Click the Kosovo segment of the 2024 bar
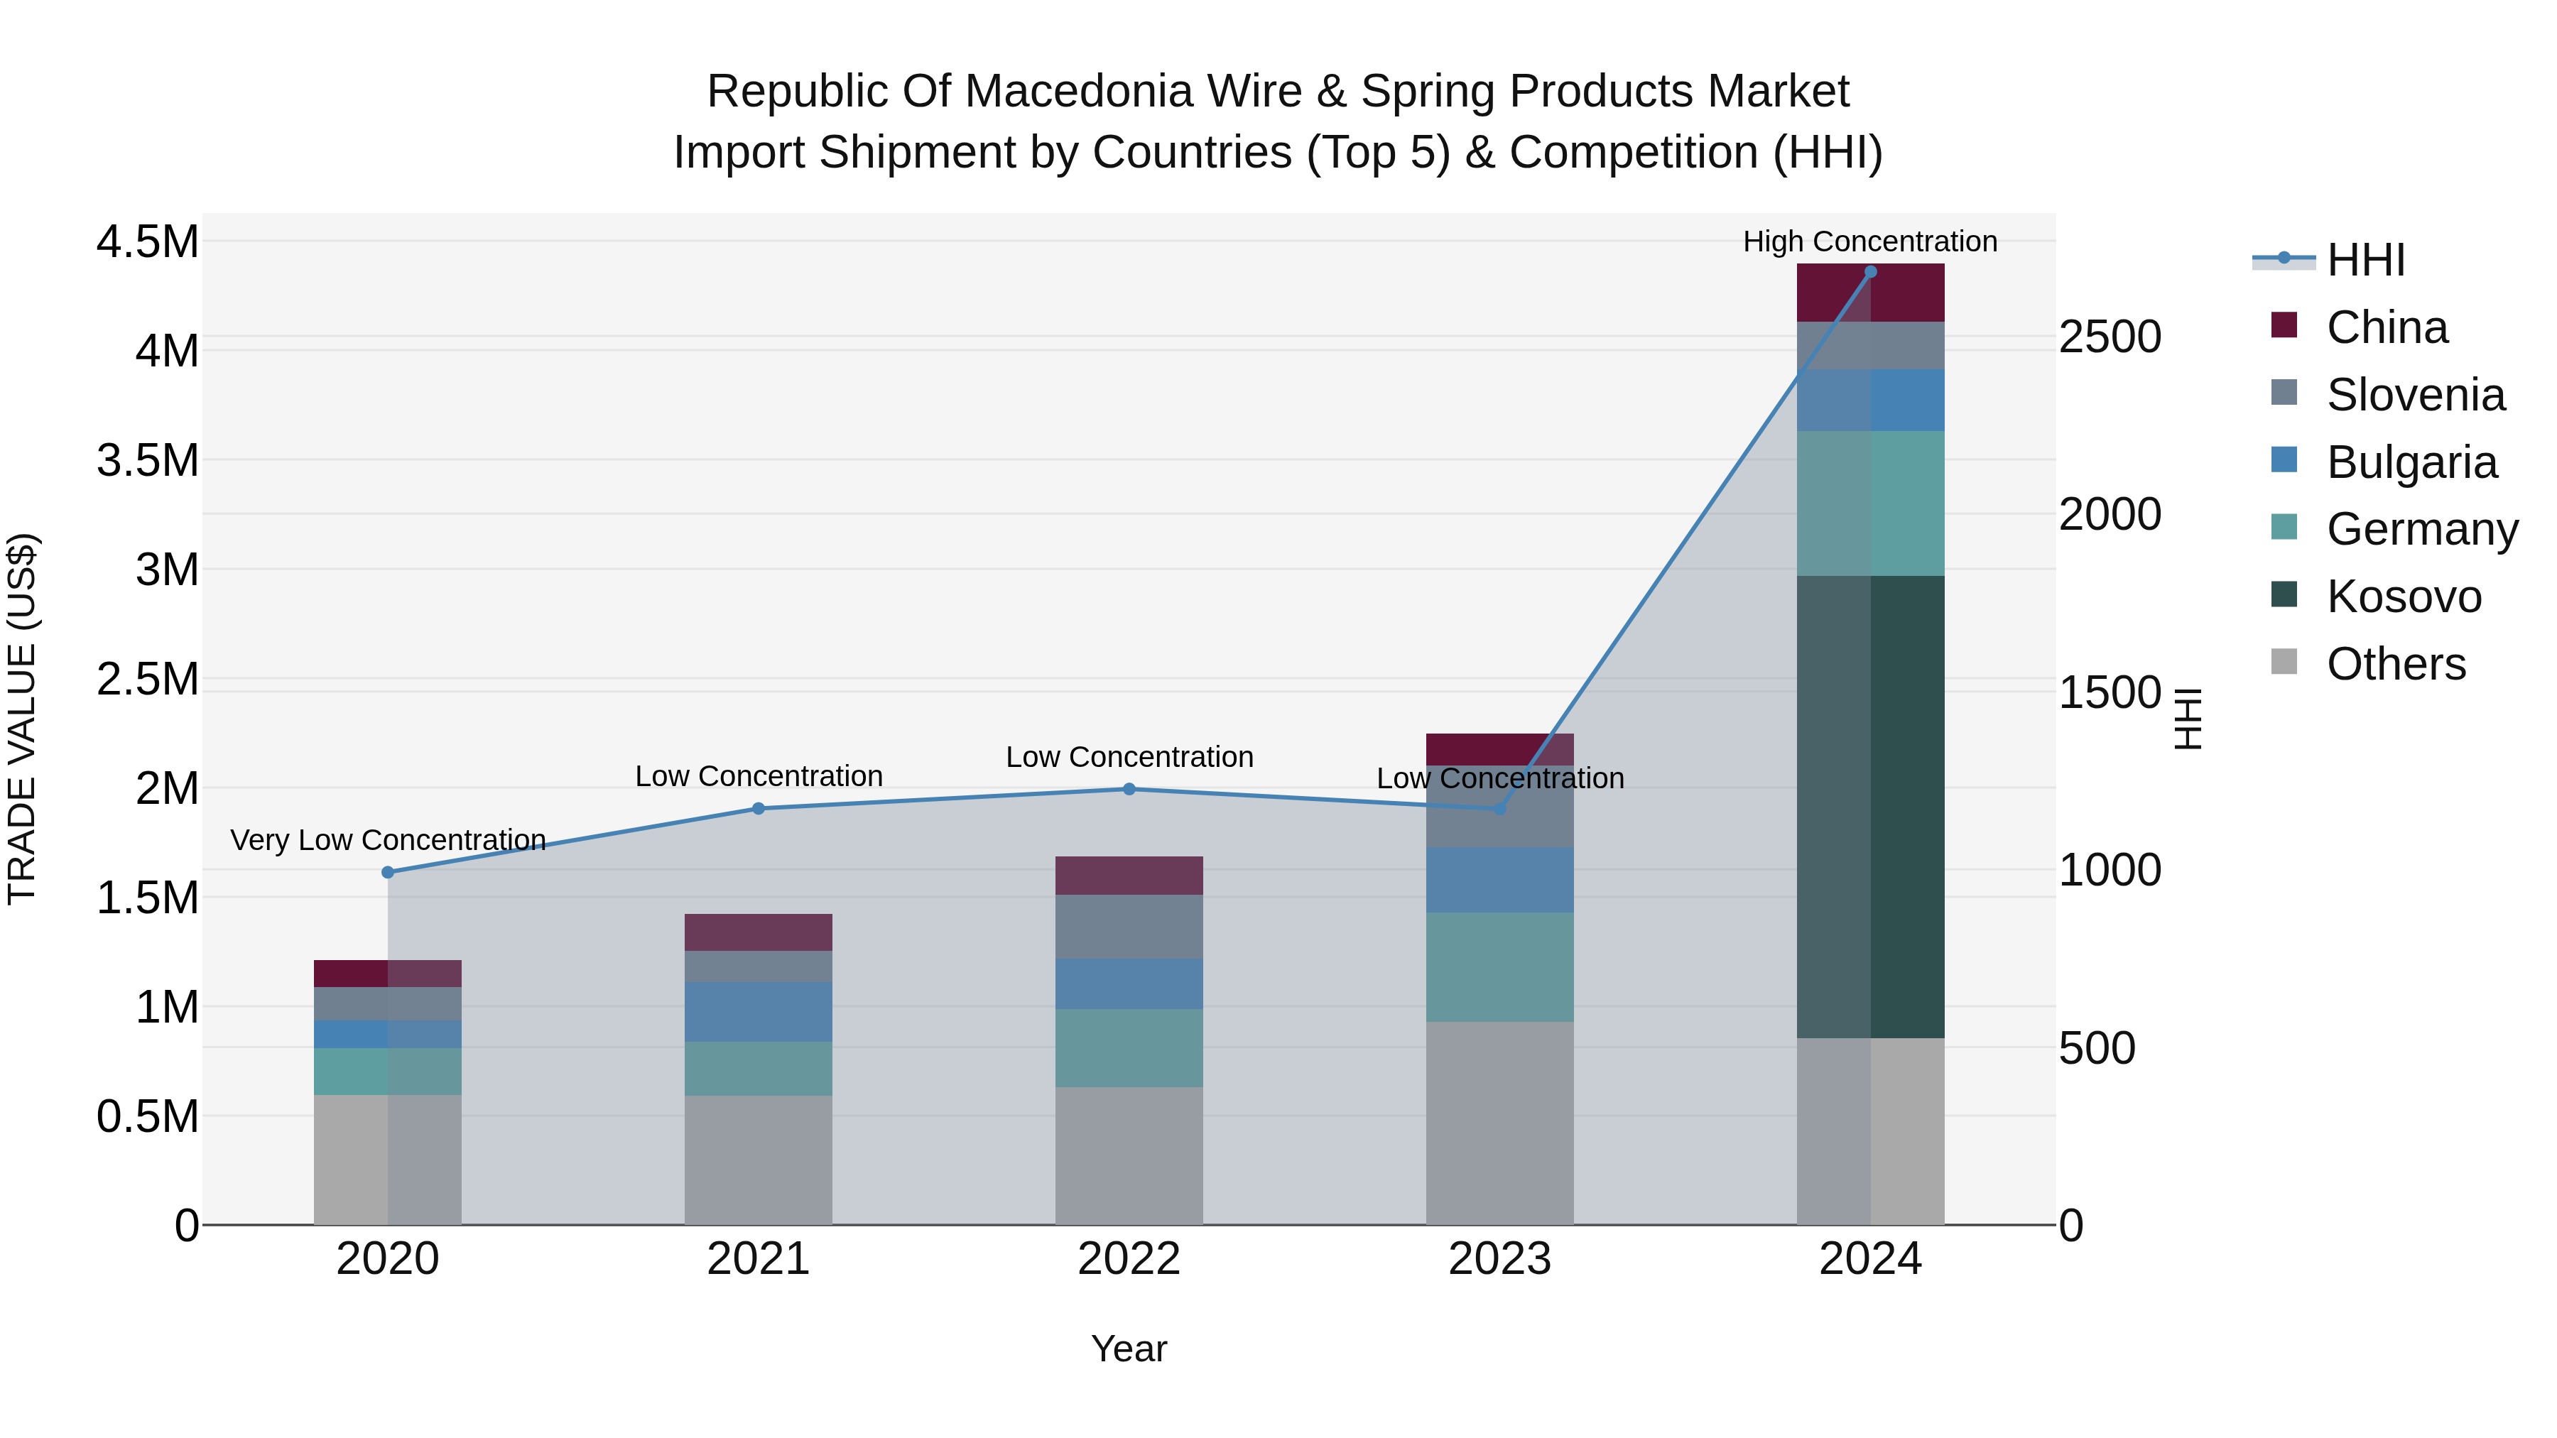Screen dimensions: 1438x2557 tap(1870, 806)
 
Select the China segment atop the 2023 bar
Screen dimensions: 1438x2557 tap(1499, 748)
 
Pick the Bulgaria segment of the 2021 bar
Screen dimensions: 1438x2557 tap(759, 1011)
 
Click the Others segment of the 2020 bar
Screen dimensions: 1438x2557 tap(387, 1158)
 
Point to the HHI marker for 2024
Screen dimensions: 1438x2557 tap(1870, 272)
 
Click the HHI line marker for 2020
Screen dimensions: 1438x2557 tap(388, 872)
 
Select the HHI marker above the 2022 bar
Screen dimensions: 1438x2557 tap(1129, 789)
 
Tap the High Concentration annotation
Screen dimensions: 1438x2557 tap(1869, 241)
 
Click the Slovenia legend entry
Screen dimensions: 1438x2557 tap(2414, 395)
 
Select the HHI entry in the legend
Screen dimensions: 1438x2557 tap(2365, 260)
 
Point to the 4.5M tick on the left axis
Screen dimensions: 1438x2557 tap(147, 242)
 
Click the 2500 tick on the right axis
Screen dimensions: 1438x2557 tap(2110, 337)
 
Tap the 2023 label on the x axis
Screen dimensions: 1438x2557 tap(1499, 1258)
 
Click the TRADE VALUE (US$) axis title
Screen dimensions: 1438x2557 tap(22, 719)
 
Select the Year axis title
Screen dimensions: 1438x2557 tap(1129, 1349)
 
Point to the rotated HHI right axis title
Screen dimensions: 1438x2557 tap(2188, 719)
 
